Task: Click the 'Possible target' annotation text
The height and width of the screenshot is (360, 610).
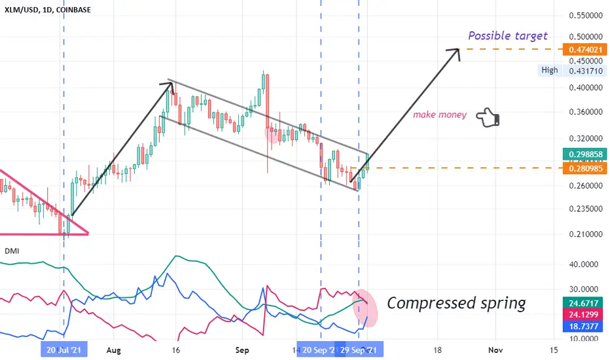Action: (x=507, y=36)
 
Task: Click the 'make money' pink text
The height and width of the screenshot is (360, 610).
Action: (x=439, y=115)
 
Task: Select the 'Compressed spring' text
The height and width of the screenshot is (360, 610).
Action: (x=456, y=303)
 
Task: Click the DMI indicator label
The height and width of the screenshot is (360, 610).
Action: (x=12, y=251)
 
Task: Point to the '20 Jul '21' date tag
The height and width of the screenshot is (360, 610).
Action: (x=63, y=350)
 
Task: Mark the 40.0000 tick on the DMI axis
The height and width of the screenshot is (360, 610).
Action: (x=584, y=265)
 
